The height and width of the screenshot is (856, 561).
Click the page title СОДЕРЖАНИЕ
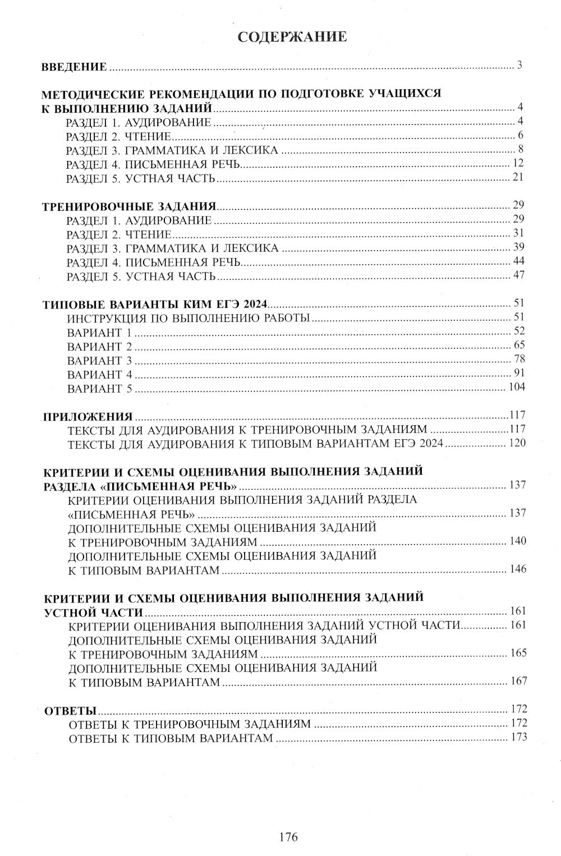(292, 37)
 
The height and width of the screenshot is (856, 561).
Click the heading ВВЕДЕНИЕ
(75, 67)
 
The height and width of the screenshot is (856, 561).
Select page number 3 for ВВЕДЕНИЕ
(520, 65)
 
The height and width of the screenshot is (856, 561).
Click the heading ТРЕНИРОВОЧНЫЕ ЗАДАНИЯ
(130, 206)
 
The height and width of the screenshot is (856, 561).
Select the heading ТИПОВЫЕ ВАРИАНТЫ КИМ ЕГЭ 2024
(156, 305)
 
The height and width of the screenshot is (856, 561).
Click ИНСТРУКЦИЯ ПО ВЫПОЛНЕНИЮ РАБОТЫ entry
(188, 319)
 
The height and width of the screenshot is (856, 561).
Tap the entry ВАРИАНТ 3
(99, 360)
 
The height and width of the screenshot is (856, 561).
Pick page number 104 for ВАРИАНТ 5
(516, 387)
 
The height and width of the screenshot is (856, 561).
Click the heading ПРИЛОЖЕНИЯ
(88, 417)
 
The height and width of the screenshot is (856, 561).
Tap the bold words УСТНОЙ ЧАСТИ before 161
(93, 612)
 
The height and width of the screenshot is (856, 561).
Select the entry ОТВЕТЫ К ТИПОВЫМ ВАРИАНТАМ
(171, 738)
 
